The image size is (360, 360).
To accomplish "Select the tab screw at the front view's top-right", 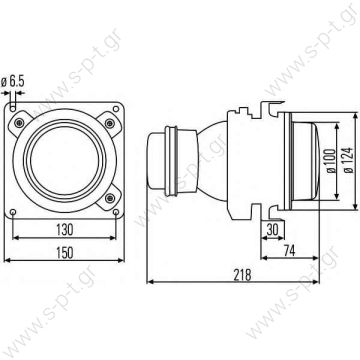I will click(113, 96).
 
